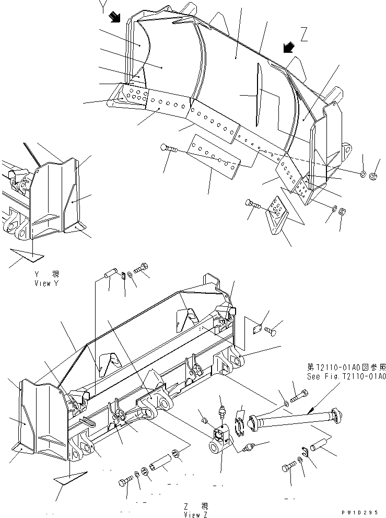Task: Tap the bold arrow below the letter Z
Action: [287, 48]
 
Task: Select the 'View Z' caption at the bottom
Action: [197, 511]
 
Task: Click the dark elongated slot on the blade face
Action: [259, 95]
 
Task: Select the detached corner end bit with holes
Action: [277, 214]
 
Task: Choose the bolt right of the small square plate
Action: [272, 330]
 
